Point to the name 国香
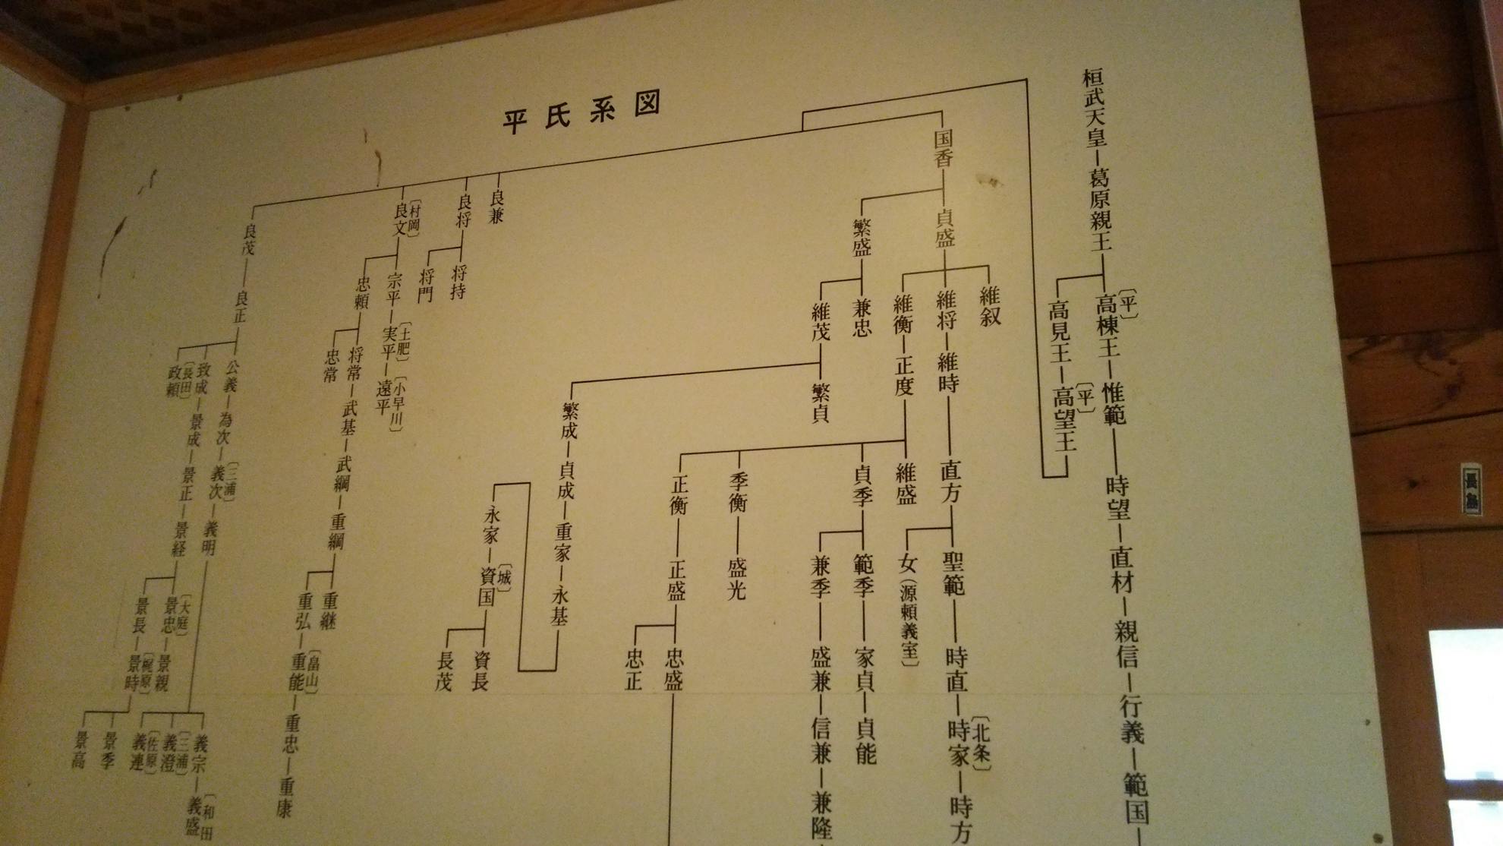click(x=943, y=148)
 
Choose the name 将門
click(x=425, y=283)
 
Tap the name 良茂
click(x=248, y=237)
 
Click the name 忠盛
click(x=674, y=668)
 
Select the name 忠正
click(x=633, y=669)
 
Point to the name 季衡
click(x=739, y=492)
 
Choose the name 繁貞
click(x=821, y=402)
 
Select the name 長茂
click(x=443, y=672)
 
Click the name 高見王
click(x=1058, y=331)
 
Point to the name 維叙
click(x=990, y=305)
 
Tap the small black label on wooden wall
click(x=1471, y=490)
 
